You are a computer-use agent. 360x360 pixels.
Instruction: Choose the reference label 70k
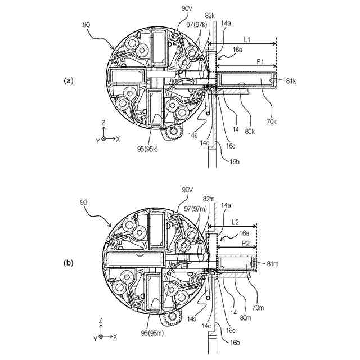[x=272, y=120]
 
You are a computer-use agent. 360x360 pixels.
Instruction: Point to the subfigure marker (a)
[x=68, y=81]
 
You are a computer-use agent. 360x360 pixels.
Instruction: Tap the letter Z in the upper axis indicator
[x=103, y=121]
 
